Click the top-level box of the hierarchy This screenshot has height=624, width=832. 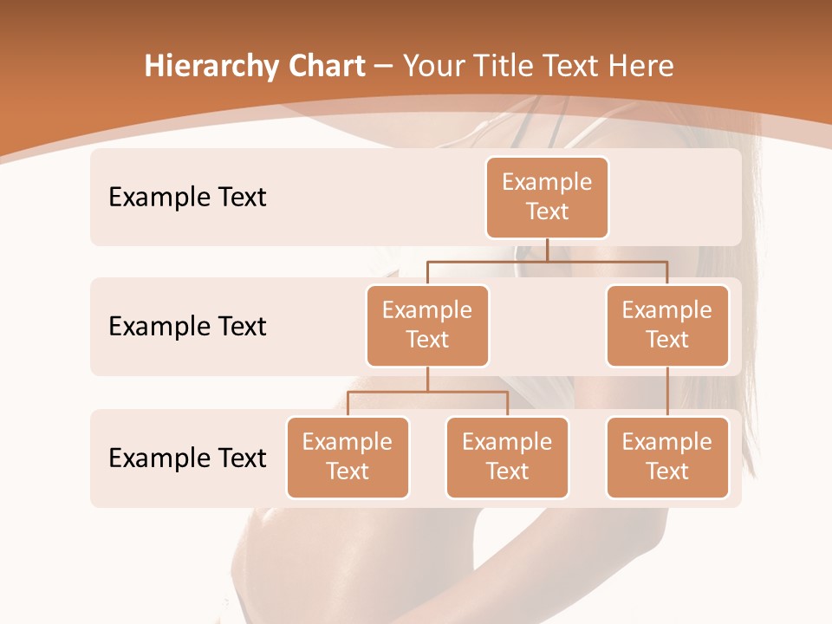click(547, 197)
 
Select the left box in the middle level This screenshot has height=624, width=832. click(427, 325)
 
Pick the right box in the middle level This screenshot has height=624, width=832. click(667, 325)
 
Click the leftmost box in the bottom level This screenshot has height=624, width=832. click(348, 457)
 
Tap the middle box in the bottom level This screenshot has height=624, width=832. click(507, 457)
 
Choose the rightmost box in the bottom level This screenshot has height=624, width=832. click(667, 457)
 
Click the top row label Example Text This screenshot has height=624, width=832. click(187, 198)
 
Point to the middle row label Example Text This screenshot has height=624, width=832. click(187, 327)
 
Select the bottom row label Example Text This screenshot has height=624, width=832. click(187, 458)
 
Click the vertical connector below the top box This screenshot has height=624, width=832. click(547, 250)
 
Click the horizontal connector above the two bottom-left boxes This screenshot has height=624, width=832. click(427, 392)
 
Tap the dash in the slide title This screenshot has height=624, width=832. click(384, 67)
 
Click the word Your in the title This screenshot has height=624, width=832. click(431, 67)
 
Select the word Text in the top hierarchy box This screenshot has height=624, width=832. click(547, 211)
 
